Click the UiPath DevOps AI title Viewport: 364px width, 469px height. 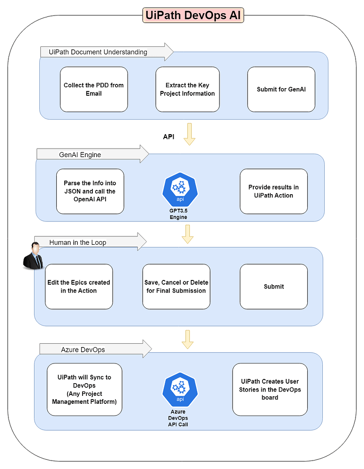pyautogui.click(x=193, y=15)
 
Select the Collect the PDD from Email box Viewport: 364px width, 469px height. pyautogui.click(x=94, y=90)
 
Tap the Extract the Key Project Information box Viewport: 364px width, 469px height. pyautogui.click(x=187, y=90)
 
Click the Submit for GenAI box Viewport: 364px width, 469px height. pyautogui.click(x=281, y=90)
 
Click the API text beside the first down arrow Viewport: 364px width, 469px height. pyautogui.click(x=168, y=137)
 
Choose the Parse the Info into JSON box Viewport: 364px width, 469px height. pyautogui.click(x=90, y=191)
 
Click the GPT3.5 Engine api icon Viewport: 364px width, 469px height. pyautogui.click(x=178, y=190)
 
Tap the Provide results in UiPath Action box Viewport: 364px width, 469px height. pyautogui.click(x=273, y=191)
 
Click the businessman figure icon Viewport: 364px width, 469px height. pyautogui.click(x=33, y=256)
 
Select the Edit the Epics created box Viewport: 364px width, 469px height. pyautogui.click(x=79, y=287)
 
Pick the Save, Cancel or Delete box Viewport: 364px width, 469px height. pyautogui.click(x=176, y=287)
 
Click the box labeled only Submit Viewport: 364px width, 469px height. pyautogui.click(x=273, y=287)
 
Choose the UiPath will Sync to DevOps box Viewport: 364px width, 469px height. pyautogui.click(x=84, y=389)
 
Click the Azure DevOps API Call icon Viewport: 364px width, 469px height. pyautogui.click(x=178, y=390)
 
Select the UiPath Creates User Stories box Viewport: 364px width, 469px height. pyautogui.click(x=270, y=389)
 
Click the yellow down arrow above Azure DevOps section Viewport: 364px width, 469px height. pyautogui.click(x=188, y=339)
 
